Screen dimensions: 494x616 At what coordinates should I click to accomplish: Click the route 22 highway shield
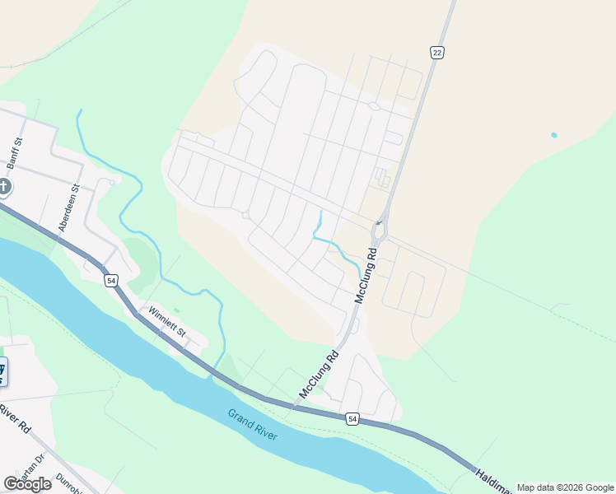coord(436,52)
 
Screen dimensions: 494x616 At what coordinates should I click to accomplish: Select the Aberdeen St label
coord(66,207)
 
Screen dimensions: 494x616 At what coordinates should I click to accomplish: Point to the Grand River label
coord(253,425)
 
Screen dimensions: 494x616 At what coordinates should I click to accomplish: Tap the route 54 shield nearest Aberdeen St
coord(110,282)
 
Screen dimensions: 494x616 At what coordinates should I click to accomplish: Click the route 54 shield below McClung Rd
coord(352,419)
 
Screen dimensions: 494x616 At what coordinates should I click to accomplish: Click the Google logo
coord(27,483)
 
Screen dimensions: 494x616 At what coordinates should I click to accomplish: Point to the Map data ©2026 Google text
coord(565,487)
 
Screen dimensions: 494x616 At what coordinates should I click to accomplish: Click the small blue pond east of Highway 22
coord(554,134)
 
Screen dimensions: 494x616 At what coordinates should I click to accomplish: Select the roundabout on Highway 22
coord(378,232)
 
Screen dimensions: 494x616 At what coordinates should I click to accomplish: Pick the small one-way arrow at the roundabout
coord(378,221)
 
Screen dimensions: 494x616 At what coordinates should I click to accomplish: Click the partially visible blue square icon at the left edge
coord(2,371)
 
